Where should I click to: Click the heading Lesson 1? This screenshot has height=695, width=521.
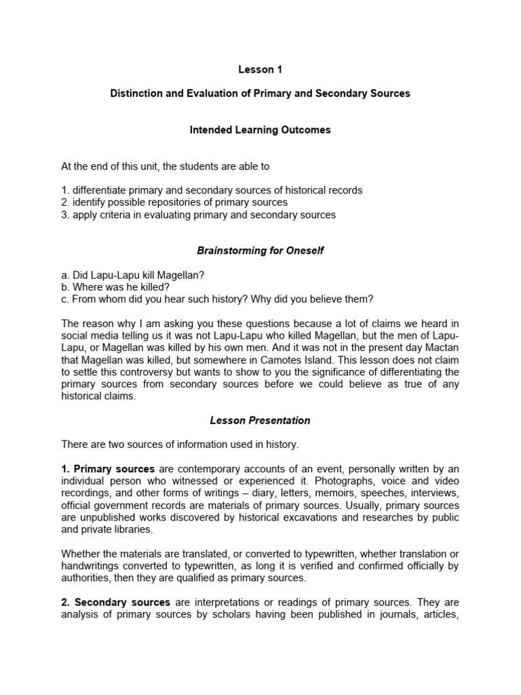pyautogui.click(x=260, y=69)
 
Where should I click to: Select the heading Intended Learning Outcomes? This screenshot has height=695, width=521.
pyautogui.click(x=260, y=130)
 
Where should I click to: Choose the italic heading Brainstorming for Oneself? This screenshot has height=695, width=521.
pyautogui.click(x=260, y=251)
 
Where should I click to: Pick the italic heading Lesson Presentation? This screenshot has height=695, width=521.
pyautogui.click(x=260, y=421)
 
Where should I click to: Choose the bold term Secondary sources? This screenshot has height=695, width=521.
pyautogui.click(x=123, y=603)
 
